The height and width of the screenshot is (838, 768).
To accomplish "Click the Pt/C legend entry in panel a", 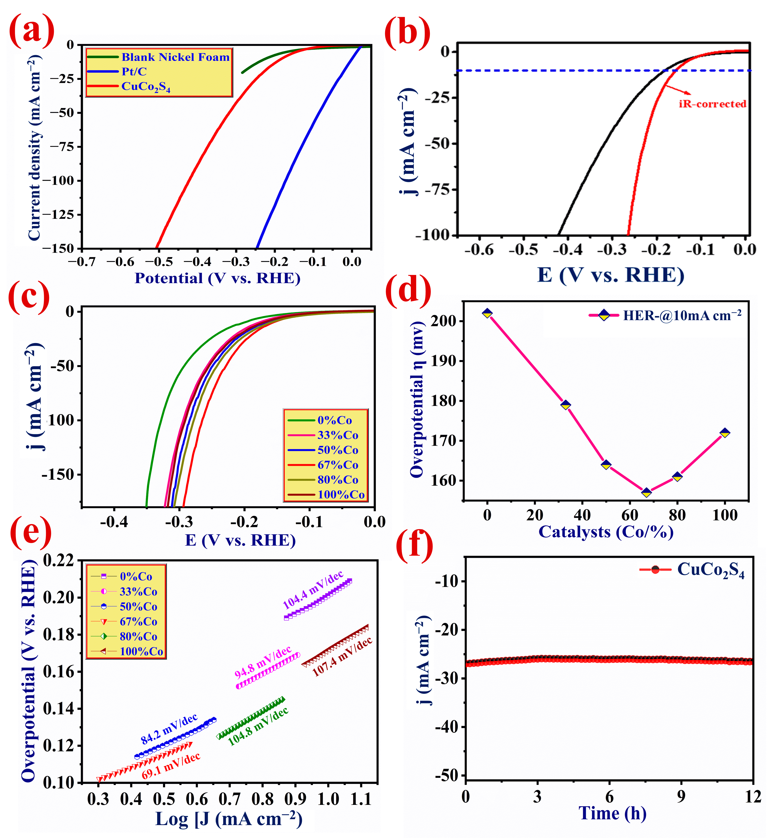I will (134, 72).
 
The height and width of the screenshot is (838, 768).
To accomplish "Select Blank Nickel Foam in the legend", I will (175, 57).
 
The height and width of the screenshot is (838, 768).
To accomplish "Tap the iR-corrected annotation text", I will (712, 104).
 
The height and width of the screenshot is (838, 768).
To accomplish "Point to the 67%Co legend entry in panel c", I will (338, 465).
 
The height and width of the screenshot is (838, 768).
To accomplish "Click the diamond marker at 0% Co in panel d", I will (487, 313).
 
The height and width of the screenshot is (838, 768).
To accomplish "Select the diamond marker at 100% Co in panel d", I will (725, 433).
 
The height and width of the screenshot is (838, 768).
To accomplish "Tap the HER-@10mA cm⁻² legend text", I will (682, 316).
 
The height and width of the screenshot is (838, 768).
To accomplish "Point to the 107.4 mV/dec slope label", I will (342, 657).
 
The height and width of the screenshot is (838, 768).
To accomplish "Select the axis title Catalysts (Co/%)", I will (606, 532).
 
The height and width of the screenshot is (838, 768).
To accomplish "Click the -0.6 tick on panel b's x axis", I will (479, 250).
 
